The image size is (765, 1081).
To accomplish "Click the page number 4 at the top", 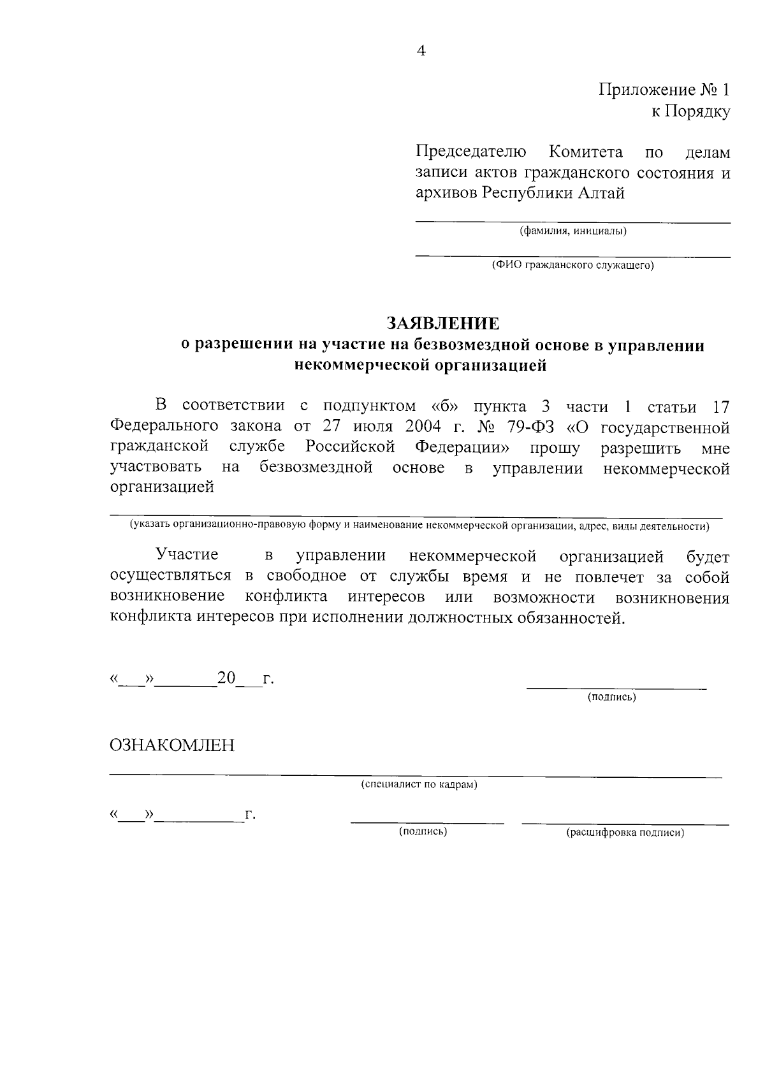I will tap(421, 52).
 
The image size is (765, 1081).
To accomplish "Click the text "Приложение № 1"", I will tap(664, 90).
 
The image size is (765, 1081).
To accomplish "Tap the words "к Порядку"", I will tap(690, 112).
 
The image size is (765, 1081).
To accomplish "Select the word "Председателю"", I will tap(471, 152).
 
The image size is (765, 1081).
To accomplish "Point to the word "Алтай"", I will tap(601, 193).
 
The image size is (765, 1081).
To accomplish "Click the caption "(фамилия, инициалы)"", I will tap(573, 231).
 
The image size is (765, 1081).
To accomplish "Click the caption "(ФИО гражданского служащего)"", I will tap(572, 266).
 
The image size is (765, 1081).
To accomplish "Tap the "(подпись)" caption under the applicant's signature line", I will tap(611, 698).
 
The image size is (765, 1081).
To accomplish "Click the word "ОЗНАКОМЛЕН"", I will tap(172, 745).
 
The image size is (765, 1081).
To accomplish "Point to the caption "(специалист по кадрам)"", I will tap(419, 785).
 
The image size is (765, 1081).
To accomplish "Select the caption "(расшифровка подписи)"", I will tap(625, 833).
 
